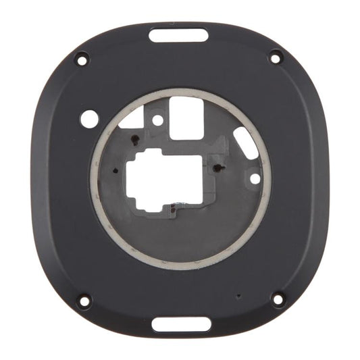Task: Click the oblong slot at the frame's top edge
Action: pyautogui.click(x=179, y=34)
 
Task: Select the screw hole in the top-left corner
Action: pyautogui.click(x=81, y=59)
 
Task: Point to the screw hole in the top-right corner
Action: pyautogui.click(x=275, y=57)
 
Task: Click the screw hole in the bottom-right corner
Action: pyautogui.click(x=277, y=297)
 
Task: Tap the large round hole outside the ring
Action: pyautogui.click(x=88, y=119)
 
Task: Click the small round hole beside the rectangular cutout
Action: pyautogui.click(x=157, y=121)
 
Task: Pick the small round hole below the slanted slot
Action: pyautogui.click(x=254, y=179)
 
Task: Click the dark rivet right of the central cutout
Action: pyautogui.click(x=217, y=166)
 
